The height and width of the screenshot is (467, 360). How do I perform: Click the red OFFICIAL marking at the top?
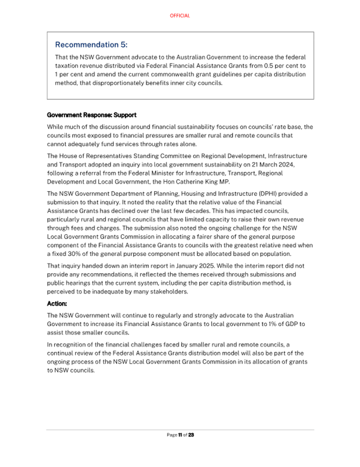[180, 16]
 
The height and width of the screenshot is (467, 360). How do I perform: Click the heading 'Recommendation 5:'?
[92, 44]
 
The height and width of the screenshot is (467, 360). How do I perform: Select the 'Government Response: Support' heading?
[92, 115]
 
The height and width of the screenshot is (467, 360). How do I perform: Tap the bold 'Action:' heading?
[58, 303]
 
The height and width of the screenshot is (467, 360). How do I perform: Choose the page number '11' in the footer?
[180, 435]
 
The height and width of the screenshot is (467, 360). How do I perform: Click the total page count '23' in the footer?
[191, 435]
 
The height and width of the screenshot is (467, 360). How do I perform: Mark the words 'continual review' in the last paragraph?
[72, 353]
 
